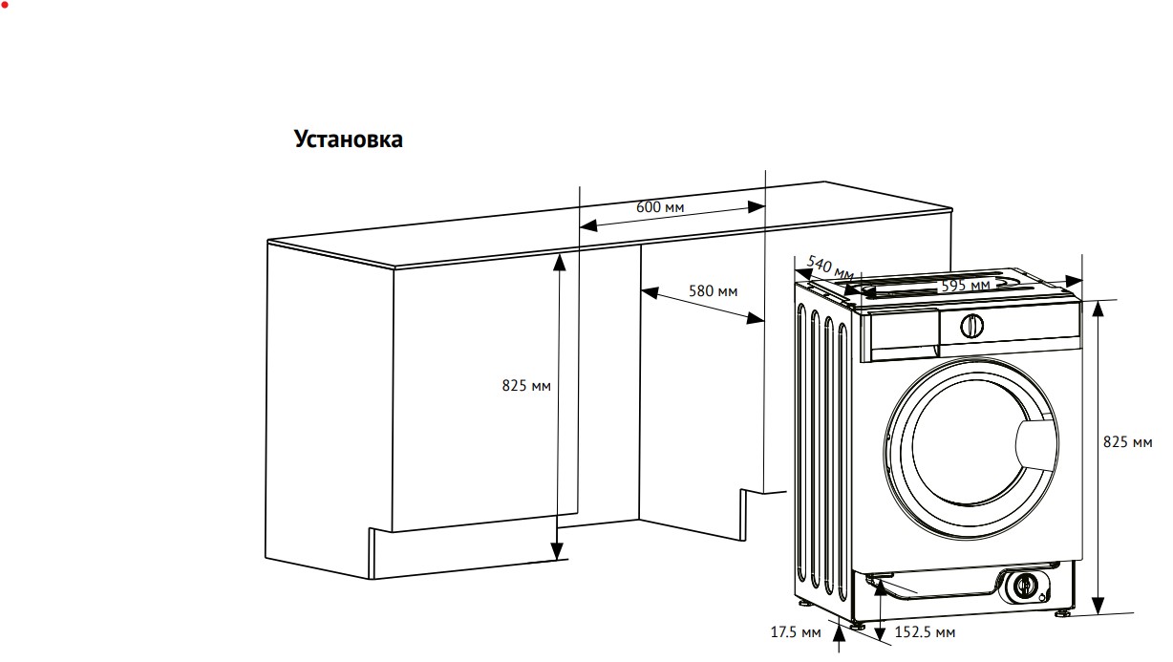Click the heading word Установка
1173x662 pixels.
pyautogui.click(x=349, y=139)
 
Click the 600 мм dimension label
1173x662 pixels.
pyautogui.click(x=660, y=207)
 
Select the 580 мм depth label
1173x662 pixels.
pyautogui.click(x=713, y=291)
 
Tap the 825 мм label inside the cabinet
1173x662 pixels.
pyautogui.click(x=526, y=386)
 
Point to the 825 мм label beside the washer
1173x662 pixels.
pyautogui.click(x=1127, y=442)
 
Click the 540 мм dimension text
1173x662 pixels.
pyautogui.click(x=830, y=267)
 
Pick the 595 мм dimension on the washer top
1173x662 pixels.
pyautogui.click(x=966, y=286)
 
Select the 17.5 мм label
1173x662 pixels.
pyautogui.click(x=796, y=632)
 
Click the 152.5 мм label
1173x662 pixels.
pyautogui.click(x=925, y=632)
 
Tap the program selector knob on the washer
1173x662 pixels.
pyautogui.click(x=971, y=327)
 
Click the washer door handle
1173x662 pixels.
pyautogui.click(x=1034, y=443)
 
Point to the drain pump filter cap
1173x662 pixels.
pyautogui.click(x=1023, y=585)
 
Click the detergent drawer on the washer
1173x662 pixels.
pyautogui.click(x=901, y=335)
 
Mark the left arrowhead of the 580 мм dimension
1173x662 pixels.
pyautogui.click(x=650, y=292)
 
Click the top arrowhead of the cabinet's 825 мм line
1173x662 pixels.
pyautogui.click(x=559, y=263)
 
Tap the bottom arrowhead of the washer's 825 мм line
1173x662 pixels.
pyautogui.click(x=1098, y=606)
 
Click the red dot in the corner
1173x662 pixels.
pyautogui.click(x=5, y=5)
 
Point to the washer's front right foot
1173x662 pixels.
pyautogui.click(x=1062, y=612)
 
